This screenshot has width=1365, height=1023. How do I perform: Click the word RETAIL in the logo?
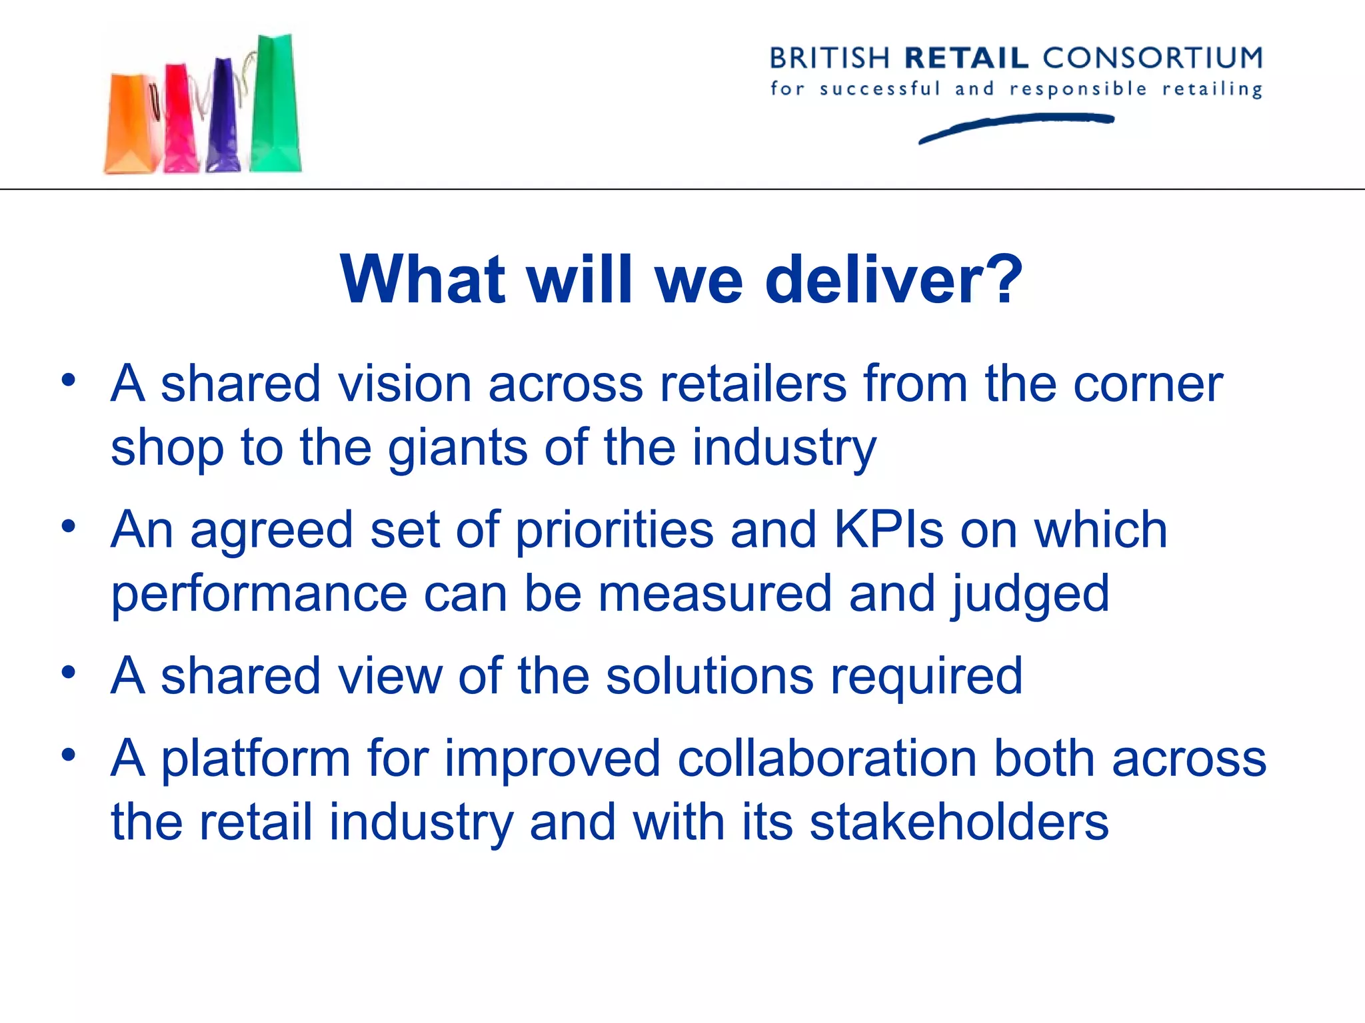point(967,59)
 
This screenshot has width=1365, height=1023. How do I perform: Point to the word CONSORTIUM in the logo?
point(1152,59)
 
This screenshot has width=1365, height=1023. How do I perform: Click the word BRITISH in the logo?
point(830,59)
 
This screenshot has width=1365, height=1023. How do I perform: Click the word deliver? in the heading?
point(894,280)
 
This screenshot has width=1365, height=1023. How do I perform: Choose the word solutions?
point(709,677)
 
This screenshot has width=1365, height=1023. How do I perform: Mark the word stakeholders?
point(959,823)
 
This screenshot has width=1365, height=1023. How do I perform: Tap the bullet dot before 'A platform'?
point(68,755)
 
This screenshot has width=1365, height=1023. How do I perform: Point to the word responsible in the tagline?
point(1078,89)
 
